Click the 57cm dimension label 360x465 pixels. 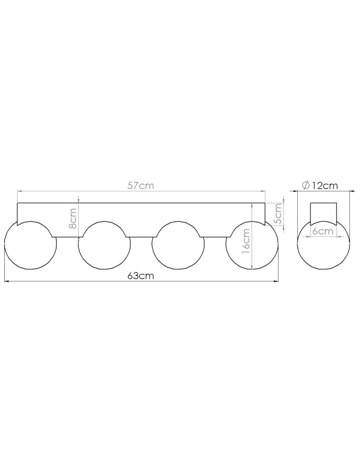pyautogui.click(x=141, y=186)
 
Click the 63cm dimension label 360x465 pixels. pyautogui.click(x=141, y=276)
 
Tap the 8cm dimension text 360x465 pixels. pyautogui.click(x=73, y=219)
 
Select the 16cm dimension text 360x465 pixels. pyautogui.click(x=246, y=240)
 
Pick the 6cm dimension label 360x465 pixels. pyautogui.click(x=323, y=231)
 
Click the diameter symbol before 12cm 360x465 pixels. pyautogui.click(x=306, y=186)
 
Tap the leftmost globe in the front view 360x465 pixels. pyautogui.click(x=30, y=245)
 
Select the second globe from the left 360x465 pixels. pyautogui.click(x=104, y=245)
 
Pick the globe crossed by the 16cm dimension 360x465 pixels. pyautogui.click(x=252, y=245)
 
